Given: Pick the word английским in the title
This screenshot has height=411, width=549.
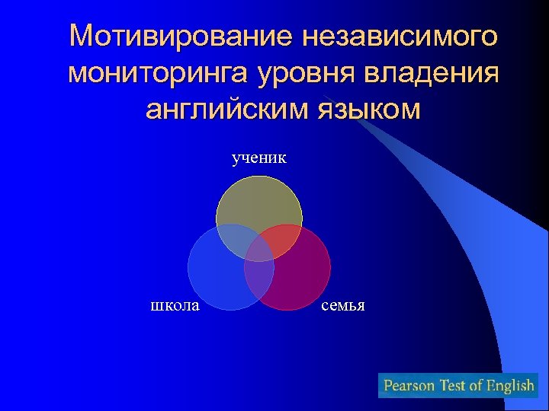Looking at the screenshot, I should coord(224,109).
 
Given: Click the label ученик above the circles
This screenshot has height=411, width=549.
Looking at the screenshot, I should coord(259,158).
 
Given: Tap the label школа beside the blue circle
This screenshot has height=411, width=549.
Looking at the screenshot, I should coord(175,306).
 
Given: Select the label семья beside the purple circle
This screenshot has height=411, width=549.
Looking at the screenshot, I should coord(343,306).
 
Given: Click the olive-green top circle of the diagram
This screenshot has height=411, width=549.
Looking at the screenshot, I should coord(259,202).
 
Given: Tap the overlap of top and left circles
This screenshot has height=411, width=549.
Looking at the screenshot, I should coord(233,242).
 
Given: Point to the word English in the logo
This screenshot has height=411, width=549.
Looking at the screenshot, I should coord(509,385).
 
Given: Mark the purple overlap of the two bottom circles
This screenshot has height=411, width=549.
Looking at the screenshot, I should coord(259,278).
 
